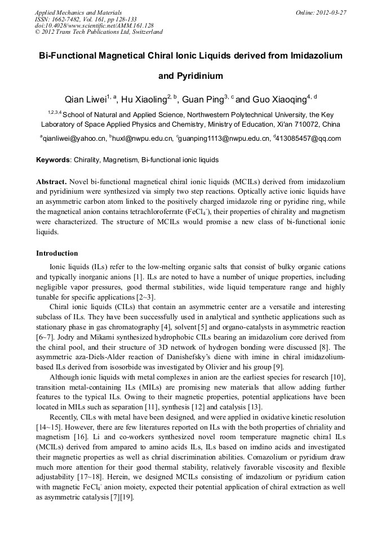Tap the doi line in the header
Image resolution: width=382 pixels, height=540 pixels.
pyautogui.click(x=94, y=25)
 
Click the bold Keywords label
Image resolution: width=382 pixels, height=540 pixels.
pyautogui.click(x=53, y=160)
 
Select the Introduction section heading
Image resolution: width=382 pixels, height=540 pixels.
pyautogui.click(x=57, y=253)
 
